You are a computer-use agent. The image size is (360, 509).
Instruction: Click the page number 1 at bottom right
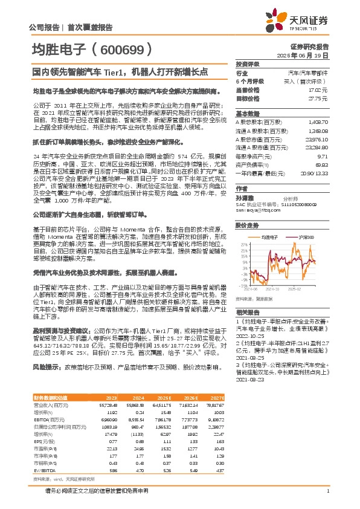327,491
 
